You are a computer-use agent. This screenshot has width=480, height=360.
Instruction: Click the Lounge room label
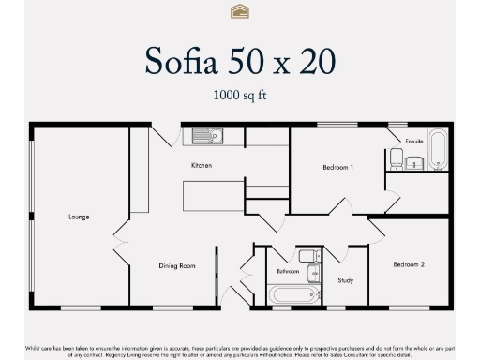tap(79, 217)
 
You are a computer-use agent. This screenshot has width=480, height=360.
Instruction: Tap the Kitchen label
tap(202, 166)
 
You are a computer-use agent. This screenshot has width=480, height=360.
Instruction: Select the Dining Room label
tap(176, 266)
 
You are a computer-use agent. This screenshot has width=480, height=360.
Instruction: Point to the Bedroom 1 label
tap(337, 167)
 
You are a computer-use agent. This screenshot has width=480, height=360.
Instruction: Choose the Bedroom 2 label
tap(409, 264)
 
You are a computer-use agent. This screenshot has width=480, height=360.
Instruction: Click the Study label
tap(345, 279)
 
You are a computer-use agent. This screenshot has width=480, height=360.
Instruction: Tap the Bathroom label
tap(287, 271)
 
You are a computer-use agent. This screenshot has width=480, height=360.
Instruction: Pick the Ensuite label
tap(415, 141)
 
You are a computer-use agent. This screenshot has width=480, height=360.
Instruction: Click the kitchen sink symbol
tap(208, 136)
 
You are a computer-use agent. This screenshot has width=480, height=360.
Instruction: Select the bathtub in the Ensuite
tap(438, 149)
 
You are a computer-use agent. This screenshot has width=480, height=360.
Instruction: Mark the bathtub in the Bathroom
tap(293, 295)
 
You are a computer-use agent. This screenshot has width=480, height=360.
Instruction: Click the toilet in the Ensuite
tap(397, 159)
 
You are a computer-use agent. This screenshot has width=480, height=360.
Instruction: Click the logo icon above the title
tap(239, 11)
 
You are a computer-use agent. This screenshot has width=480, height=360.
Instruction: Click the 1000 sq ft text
tap(239, 95)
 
